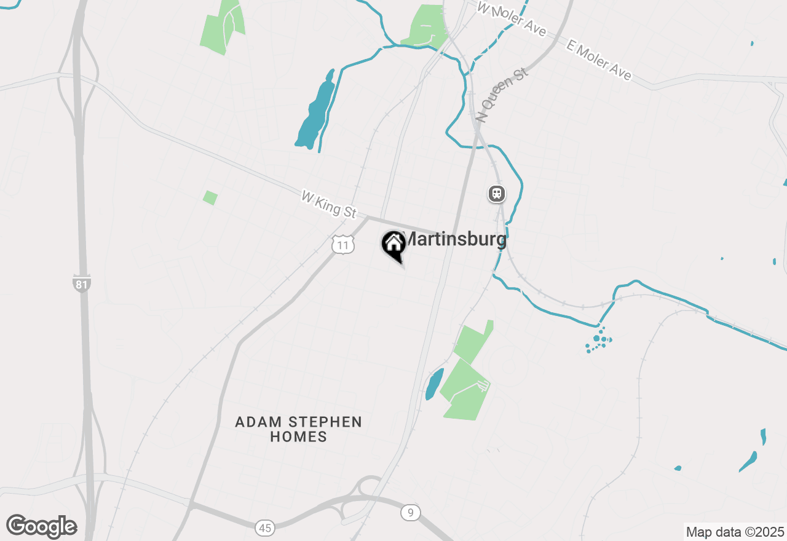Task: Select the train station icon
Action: point(496,194)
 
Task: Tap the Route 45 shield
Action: point(265,527)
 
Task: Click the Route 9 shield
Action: point(410,512)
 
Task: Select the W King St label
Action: point(329,204)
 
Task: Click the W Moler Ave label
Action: point(512,18)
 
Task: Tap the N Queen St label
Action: point(502,95)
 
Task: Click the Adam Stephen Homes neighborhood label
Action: point(299,429)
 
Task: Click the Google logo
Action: point(42,527)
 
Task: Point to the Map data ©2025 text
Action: point(735,532)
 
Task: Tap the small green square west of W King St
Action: point(210,197)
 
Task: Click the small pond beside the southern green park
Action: point(434,384)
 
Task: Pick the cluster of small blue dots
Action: point(598,340)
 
